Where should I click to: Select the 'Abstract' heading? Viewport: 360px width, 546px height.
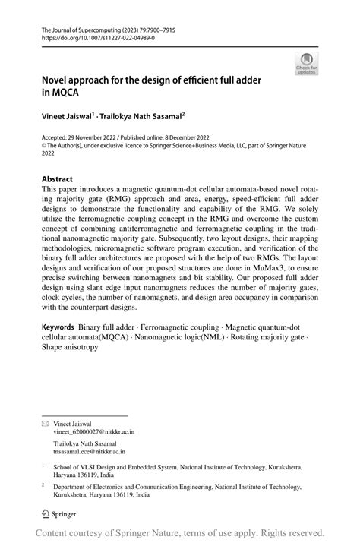click(58, 180)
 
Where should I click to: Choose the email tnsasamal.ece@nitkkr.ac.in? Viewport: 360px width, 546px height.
click(90, 452)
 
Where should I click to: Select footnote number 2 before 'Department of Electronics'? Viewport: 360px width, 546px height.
click(43, 484)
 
